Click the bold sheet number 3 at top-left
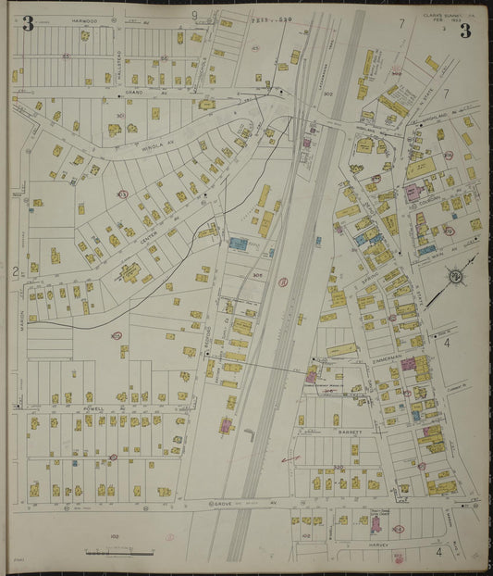28,25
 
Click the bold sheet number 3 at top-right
463,30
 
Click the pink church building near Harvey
376,524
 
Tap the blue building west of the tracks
239,244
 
